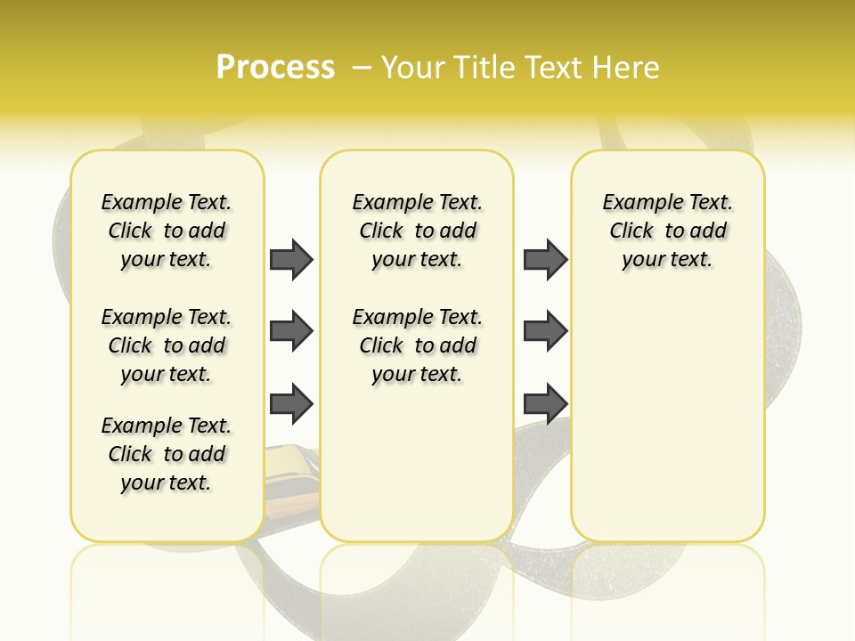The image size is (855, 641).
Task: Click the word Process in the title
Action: coord(275,68)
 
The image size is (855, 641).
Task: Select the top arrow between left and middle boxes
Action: coord(291,259)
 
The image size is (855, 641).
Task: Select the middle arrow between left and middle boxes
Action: coord(291,332)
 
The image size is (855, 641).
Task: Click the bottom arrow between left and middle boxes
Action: coord(291,404)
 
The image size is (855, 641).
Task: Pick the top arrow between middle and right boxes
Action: coord(545,259)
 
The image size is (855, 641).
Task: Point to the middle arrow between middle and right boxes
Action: coord(545,332)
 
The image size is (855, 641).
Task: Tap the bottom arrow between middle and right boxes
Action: coord(545,404)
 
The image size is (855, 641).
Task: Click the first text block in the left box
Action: coord(167,231)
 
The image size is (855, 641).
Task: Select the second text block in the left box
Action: coord(167,345)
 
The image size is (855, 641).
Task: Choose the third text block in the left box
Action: coord(167,454)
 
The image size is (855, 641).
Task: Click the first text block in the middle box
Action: coord(418,231)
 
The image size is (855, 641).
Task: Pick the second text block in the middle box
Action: coord(418,345)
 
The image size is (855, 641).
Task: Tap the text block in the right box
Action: coord(668,231)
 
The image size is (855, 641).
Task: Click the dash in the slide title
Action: coord(361,68)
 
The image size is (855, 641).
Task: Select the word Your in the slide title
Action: coord(414,68)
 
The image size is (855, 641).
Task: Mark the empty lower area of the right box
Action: coord(668,427)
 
